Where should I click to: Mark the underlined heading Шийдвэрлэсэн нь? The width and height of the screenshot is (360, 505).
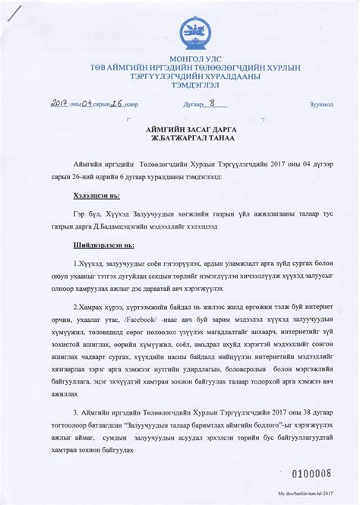click(x=94, y=245)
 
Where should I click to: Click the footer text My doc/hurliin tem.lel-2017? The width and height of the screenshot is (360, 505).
click(x=317, y=494)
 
